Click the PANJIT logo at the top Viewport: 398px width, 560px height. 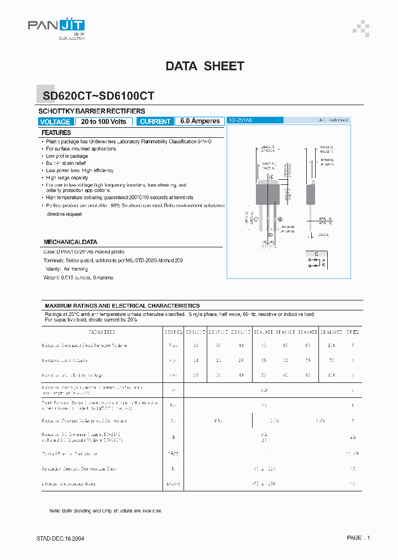(x=56, y=26)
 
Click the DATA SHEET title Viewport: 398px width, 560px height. (x=205, y=66)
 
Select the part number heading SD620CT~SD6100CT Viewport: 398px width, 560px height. (x=98, y=96)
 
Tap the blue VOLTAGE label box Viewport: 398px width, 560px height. (x=55, y=122)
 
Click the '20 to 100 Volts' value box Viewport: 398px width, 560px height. (x=103, y=122)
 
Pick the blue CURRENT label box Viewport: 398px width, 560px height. (x=155, y=122)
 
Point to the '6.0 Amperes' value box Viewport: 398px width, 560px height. (x=200, y=122)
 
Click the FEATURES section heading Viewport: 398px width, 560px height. (x=56, y=133)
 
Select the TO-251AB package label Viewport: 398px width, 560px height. (x=240, y=120)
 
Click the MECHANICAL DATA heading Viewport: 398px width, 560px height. (x=70, y=242)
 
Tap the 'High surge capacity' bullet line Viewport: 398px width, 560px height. (x=67, y=178)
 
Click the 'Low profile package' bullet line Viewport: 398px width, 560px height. (x=67, y=156)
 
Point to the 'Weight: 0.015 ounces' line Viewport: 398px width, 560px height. (x=78, y=277)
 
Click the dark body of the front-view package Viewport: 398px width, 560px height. (x=267, y=193)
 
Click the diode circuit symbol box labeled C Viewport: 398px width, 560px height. (x=316, y=260)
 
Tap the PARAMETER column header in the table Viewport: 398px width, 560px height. (x=101, y=332)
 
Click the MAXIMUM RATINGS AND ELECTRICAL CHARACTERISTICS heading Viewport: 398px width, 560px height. (x=122, y=305)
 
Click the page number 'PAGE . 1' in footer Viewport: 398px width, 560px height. (x=358, y=537)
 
